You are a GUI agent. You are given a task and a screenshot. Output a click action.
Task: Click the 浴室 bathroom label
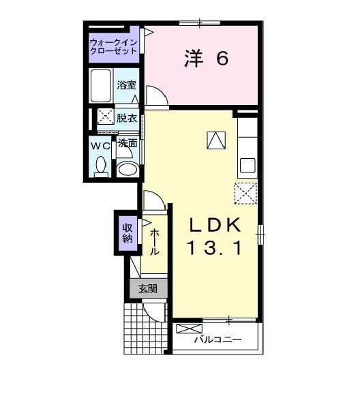(127, 85)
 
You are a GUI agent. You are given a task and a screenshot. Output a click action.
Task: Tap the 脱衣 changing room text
(127, 118)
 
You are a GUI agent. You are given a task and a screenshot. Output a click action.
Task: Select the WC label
(101, 145)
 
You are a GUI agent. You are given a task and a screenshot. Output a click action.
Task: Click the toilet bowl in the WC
(101, 166)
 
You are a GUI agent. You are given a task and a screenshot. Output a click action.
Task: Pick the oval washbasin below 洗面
(127, 168)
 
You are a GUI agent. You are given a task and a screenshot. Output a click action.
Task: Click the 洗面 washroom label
(127, 144)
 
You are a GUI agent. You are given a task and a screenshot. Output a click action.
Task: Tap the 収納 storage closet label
(127, 232)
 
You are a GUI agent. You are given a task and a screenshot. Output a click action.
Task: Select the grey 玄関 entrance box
(148, 289)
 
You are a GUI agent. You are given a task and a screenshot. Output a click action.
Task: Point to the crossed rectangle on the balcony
(185, 329)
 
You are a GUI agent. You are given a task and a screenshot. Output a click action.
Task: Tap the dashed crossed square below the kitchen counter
(245, 194)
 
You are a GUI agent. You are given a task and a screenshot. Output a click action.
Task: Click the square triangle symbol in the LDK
(216, 140)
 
